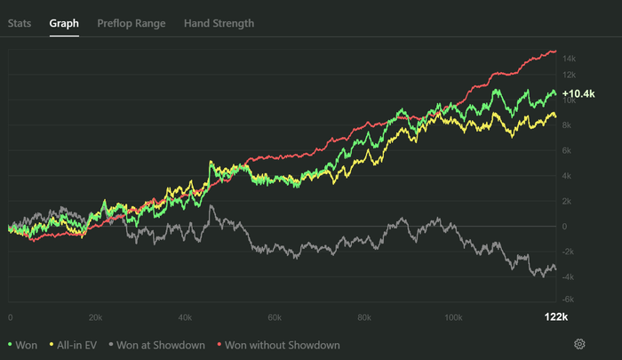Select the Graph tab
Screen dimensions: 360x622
64,23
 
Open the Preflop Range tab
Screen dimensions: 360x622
132,23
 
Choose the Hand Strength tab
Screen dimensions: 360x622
219,23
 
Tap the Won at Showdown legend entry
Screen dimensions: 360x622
158,344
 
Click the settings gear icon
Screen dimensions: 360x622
579,344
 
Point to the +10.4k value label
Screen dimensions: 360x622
578,93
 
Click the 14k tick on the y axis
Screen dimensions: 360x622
570,59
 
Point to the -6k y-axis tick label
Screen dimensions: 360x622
570,300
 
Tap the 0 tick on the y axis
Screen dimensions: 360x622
565,226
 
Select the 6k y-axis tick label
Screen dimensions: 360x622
568,150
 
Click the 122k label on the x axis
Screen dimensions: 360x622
555,317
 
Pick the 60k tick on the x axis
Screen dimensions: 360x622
275,317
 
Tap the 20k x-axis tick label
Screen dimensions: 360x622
97,317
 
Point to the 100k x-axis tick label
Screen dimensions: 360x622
453,317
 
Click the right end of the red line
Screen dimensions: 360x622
556,52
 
